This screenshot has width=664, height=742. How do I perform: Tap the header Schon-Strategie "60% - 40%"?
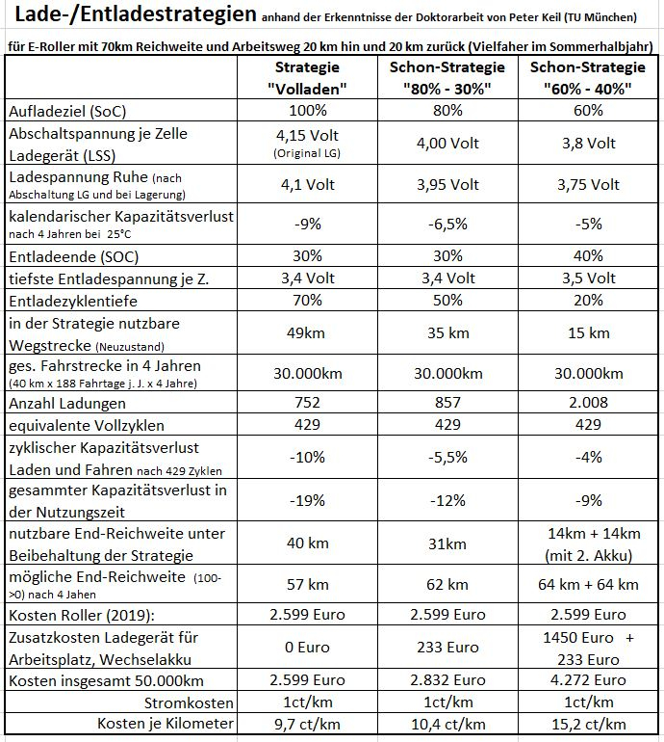[590, 77]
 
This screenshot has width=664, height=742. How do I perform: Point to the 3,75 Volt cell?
[590, 185]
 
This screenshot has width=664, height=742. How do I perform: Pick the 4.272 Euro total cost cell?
[590, 681]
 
